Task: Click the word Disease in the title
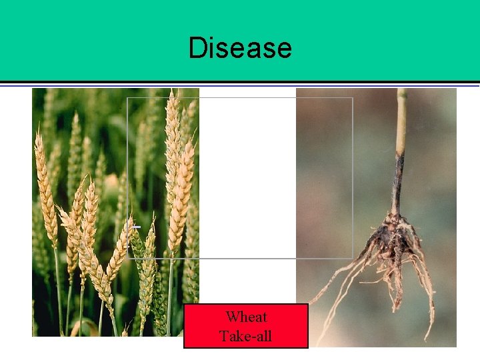pos(240,48)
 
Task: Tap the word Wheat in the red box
pos(246,317)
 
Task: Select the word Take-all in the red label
pos(246,335)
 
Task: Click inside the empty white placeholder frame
pos(267,173)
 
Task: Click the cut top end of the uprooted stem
pos(401,91)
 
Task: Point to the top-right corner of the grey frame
pos(353,98)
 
